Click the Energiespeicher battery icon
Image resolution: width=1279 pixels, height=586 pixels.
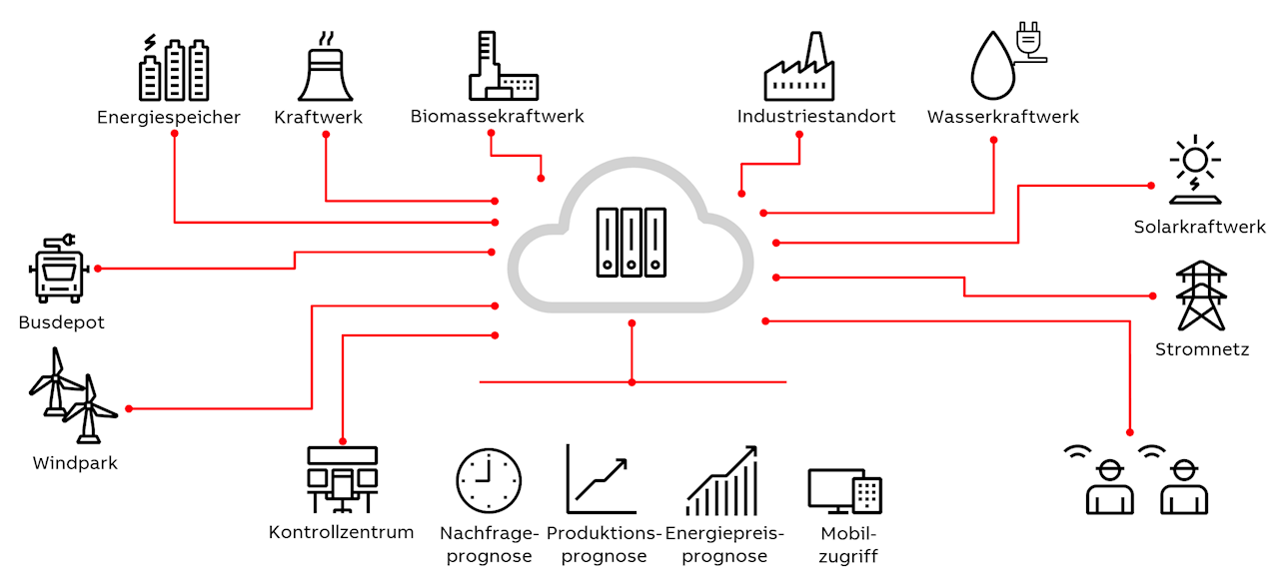coord(175,69)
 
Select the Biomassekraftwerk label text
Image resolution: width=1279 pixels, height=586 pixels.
coord(497,117)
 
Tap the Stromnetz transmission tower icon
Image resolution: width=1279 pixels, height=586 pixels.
coord(1200,295)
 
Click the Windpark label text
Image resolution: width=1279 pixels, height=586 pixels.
coord(75,463)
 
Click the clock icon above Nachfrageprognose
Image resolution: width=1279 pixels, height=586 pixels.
coord(489,480)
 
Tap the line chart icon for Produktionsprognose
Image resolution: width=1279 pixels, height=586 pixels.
coord(601,479)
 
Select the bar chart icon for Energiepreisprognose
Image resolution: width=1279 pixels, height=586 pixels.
coord(720,481)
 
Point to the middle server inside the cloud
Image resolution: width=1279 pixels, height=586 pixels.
coord(631,242)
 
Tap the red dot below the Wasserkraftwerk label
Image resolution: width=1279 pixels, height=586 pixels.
coord(993,140)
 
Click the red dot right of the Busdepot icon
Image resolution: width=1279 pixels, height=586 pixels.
coord(98,269)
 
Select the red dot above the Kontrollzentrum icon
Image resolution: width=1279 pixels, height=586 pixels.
coord(343,440)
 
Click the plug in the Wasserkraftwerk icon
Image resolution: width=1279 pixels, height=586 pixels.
coord(1028,40)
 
